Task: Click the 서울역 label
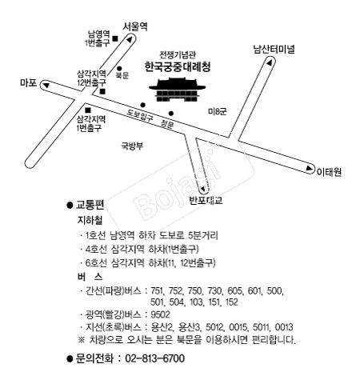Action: point(135,26)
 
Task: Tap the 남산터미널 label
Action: point(274,49)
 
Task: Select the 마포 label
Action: point(28,82)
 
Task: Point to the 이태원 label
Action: point(329,171)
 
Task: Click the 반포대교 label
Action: point(206,200)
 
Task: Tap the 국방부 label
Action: point(132,146)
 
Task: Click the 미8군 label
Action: point(218,111)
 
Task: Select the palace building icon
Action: point(178,90)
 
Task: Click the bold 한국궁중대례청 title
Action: point(178,66)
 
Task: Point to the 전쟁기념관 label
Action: point(178,54)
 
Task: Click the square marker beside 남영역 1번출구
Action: point(115,38)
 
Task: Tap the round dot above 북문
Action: point(119,69)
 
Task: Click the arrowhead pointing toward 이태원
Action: point(309,168)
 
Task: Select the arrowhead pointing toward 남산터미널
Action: point(270,62)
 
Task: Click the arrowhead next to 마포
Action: point(46,86)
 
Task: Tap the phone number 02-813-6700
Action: point(154,358)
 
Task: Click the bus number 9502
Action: point(160,314)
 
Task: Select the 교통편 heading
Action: point(90,205)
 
